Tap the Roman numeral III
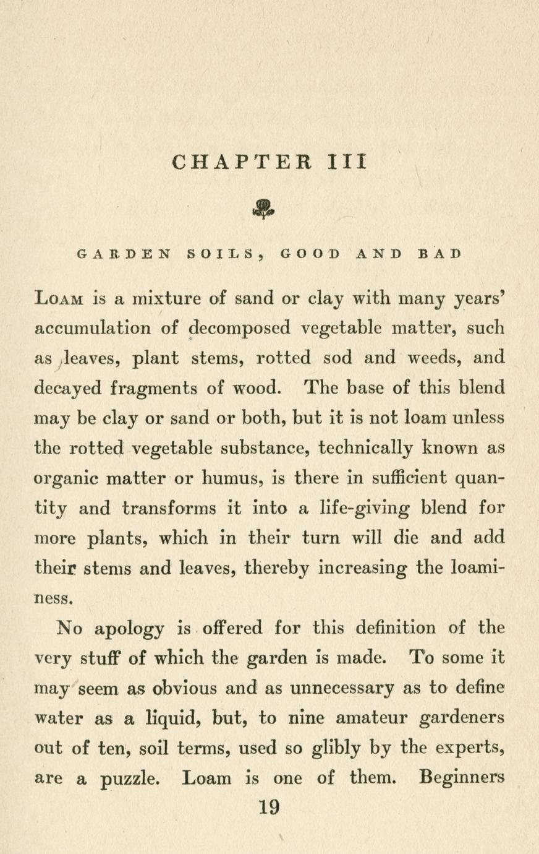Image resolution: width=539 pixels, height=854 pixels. click(x=346, y=162)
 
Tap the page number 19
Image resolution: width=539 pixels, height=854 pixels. click(x=269, y=807)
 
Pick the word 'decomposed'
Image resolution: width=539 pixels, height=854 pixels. click(x=239, y=329)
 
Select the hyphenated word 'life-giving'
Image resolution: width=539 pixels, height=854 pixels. click(x=362, y=509)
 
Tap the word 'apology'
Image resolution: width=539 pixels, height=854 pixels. click(x=129, y=629)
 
